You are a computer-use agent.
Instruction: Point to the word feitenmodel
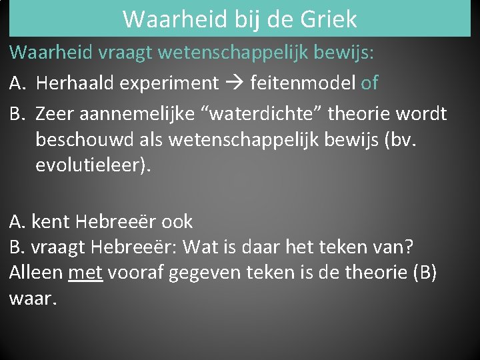303,83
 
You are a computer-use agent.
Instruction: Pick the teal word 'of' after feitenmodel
369,83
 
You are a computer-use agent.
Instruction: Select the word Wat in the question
198,247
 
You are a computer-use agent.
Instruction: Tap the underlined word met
85,273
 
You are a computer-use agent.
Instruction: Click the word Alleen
36,272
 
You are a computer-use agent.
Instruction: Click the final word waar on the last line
31,298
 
